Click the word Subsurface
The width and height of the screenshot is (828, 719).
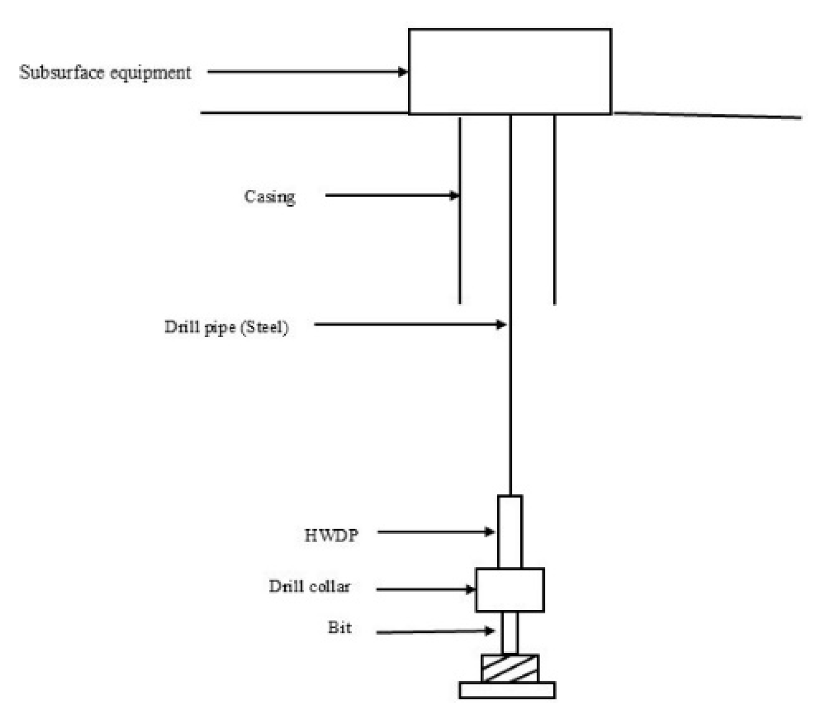(61, 72)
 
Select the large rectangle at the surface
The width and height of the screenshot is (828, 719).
(510, 72)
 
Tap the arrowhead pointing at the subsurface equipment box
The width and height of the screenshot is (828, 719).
(403, 72)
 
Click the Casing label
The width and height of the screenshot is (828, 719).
(270, 197)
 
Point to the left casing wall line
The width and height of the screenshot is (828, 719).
(460, 236)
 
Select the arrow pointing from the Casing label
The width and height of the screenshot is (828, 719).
(391, 196)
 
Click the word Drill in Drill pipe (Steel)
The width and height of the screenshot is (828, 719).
(181, 327)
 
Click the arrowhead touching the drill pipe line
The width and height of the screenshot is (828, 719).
(501, 325)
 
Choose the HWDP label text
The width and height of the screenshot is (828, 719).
(331, 535)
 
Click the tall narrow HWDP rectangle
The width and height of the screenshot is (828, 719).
(510, 532)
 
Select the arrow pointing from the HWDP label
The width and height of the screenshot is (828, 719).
(435, 532)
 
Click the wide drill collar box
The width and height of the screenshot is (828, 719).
(510, 590)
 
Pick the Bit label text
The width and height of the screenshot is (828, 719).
(339, 628)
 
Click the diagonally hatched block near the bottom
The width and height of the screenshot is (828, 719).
(510, 669)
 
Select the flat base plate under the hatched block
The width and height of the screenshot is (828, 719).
(507, 690)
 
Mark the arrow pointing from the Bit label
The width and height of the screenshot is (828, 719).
(435, 631)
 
